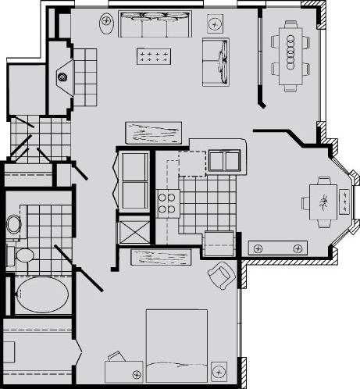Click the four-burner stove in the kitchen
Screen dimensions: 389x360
(167, 203)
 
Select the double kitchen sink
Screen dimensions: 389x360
(224, 160)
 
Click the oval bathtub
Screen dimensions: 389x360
(41, 294)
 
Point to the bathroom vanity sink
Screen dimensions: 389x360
(13, 225)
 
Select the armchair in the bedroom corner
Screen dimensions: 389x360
(221, 274)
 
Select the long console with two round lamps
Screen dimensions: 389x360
(277, 248)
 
